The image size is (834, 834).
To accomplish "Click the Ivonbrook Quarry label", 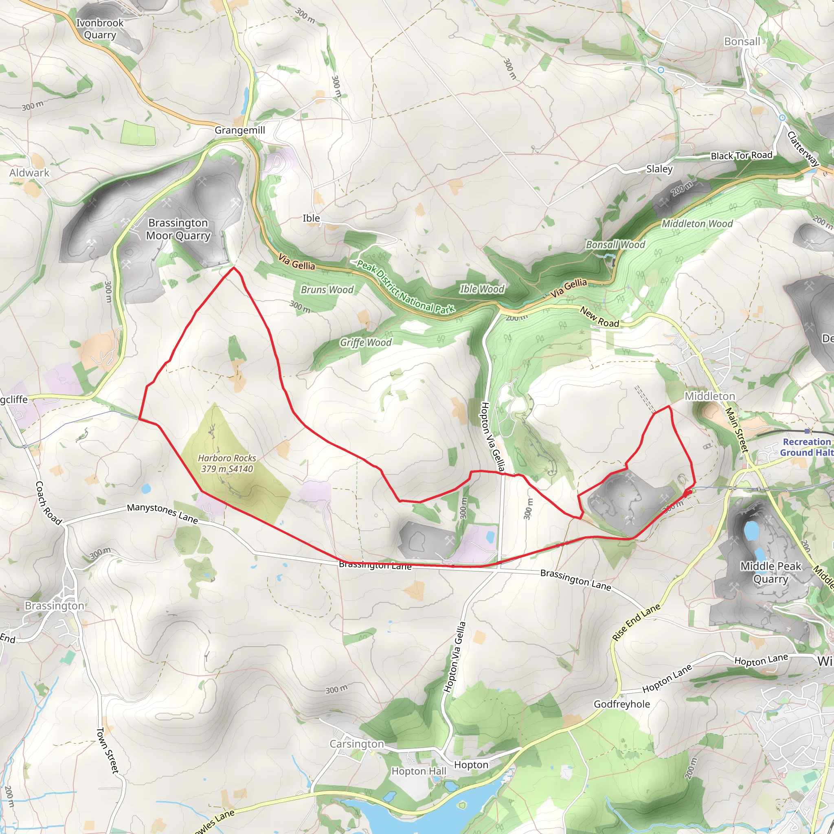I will [x=100, y=29].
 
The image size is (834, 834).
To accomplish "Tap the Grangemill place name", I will [x=239, y=130].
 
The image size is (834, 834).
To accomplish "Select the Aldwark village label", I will [x=29, y=173].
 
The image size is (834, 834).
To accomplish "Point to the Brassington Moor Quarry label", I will [x=178, y=229].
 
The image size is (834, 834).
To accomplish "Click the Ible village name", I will [x=311, y=218].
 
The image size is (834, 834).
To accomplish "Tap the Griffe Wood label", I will [x=365, y=342].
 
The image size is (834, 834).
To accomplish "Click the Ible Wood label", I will [x=481, y=289].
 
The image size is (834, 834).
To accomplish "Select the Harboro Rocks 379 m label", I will [x=227, y=463].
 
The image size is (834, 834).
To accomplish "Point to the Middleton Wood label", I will [x=697, y=224].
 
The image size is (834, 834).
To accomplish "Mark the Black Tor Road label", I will [x=741, y=156].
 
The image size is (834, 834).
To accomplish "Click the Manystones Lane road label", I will [x=162, y=513].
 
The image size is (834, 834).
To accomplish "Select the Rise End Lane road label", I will [x=636, y=621].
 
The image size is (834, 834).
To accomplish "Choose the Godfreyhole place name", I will [x=621, y=704].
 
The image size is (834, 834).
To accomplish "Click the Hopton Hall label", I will [x=418, y=771].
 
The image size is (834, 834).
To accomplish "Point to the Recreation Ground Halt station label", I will [x=806, y=447].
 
